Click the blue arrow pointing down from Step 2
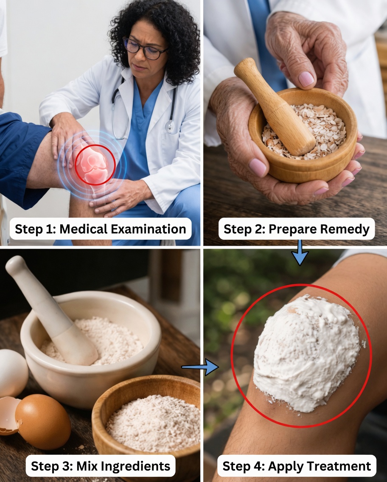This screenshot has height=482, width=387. pos(300,253)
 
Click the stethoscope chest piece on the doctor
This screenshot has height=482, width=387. pos(170,126)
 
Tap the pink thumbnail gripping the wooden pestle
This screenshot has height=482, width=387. pos(306,79)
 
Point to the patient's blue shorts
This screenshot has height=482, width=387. pos(21,161)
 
